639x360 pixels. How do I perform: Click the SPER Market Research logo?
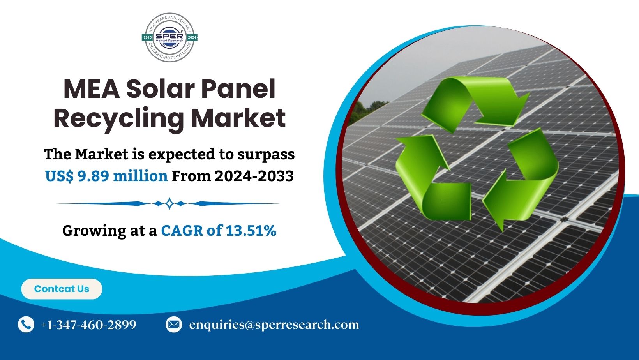169,37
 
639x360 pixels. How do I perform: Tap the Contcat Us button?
62,289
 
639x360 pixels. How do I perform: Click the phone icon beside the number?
26,325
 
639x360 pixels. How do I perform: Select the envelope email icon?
173,325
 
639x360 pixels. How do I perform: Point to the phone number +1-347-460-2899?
88,325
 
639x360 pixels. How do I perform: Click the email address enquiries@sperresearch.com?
274,325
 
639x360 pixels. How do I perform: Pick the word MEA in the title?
91,89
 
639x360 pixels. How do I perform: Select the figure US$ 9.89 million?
106,176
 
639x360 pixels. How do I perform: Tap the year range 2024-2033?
254,176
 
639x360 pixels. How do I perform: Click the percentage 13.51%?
251,231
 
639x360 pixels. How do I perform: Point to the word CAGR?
182,231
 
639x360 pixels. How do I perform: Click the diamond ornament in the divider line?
169,203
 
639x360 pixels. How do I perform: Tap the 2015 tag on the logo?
148,37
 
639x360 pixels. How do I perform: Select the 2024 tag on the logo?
192,37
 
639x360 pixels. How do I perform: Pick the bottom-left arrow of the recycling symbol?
429,179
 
